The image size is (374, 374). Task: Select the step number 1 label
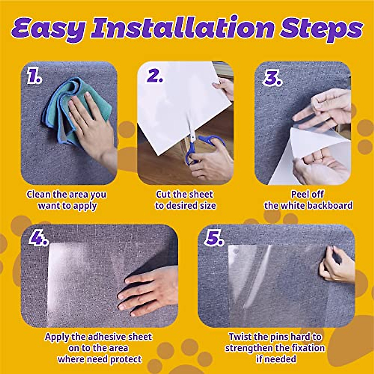[x=34, y=77]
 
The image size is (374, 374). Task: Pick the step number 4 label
[x=38, y=239]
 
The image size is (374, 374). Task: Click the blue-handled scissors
[x=199, y=146]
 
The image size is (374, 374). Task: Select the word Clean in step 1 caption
[x=38, y=194]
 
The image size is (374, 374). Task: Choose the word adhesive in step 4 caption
[x=108, y=337]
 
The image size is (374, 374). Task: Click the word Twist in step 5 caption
[x=240, y=337]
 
